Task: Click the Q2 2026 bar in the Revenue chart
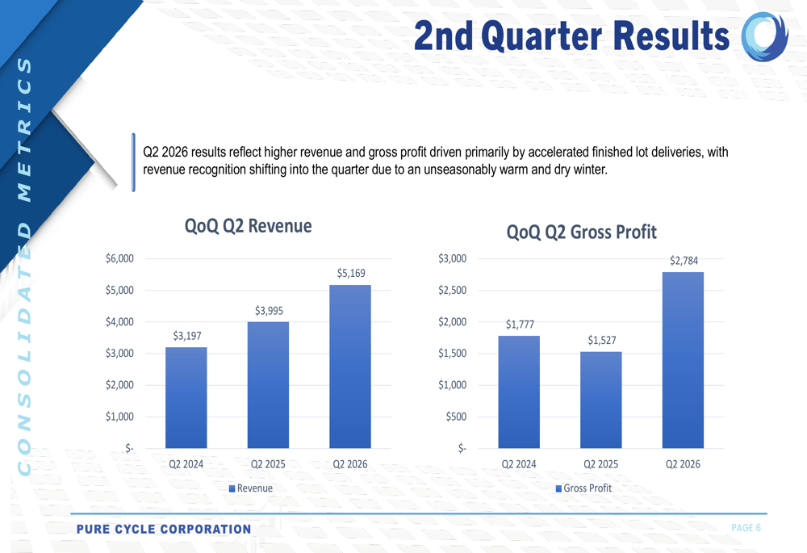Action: pyautogui.click(x=350, y=367)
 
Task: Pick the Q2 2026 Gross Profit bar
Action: pyautogui.click(x=683, y=360)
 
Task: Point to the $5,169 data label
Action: pyautogui.click(x=351, y=274)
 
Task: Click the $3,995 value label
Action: pyautogui.click(x=269, y=311)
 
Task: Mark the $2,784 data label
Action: pyautogui.click(x=684, y=261)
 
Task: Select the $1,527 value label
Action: pyautogui.click(x=601, y=340)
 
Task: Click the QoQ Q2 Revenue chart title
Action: pyautogui.click(x=248, y=226)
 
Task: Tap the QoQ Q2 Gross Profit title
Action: pyautogui.click(x=581, y=233)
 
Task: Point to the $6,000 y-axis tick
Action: pyautogui.click(x=119, y=258)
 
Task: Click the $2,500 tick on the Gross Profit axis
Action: pyautogui.click(x=452, y=291)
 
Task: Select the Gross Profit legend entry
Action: pyautogui.click(x=583, y=488)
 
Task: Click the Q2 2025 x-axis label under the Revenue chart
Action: pyautogui.click(x=268, y=465)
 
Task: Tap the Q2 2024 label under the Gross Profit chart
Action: pyautogui.click(x=518, y=465)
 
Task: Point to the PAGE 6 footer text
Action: pyautogui.click(x=746, y=528)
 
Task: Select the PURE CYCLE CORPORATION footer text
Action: pyautogui.click(x=164, y=530)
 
